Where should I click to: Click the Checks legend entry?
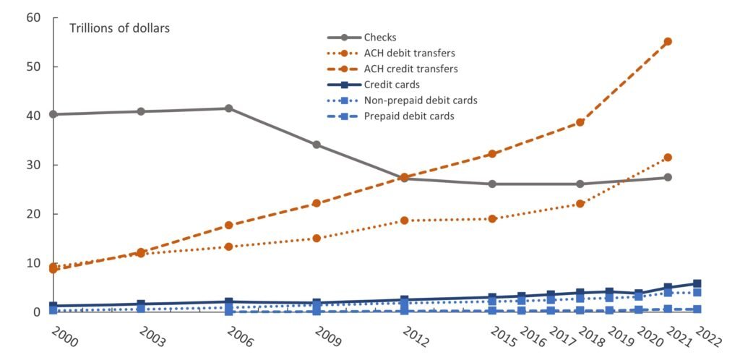[x=380, y=38]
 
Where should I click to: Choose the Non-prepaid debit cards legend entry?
[x=421, y=100]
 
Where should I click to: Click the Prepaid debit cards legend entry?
[x=409, y=116]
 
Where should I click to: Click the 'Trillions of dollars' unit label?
[x=119, y=28]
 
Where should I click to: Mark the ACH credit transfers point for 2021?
[x=668, y=41]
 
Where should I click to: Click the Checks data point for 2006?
[x=228, y=108]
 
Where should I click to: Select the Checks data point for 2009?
[x=317, y=145]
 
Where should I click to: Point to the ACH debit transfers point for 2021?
[x=668, y=158]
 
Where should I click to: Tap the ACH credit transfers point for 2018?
[x=580, y=122]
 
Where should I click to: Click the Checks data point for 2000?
[x=53, y=114]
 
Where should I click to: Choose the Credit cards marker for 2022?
[x=697, y=283]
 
